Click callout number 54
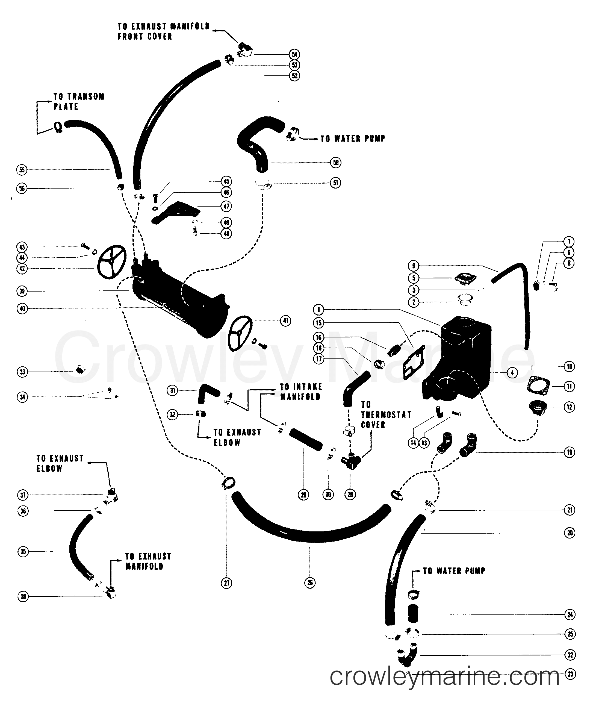click(x=294, y=54)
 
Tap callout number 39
click(x=22, y=291)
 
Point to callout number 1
click(x=318, y=309)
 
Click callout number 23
click(x=570, y=674)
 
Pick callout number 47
click(x=226, y=206)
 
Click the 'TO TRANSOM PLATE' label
click(x=79, y=101)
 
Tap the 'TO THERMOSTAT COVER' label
click(x=386, y=414)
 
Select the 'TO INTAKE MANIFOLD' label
click(x=300, y=392)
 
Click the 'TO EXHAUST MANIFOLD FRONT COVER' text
click(x=164, y=31)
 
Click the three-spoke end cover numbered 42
click(x=111, y=262)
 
